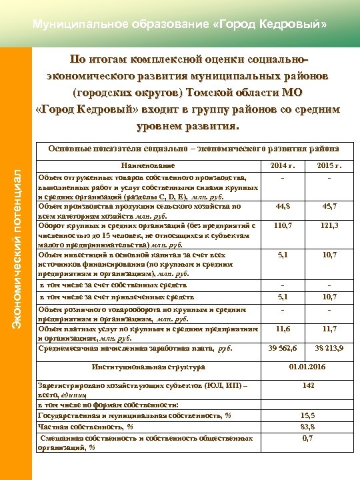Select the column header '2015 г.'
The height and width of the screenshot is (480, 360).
tap(329, 165)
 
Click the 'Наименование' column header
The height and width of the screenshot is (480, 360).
tap(147, 165)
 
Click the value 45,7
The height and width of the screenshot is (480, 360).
tap(329, 206)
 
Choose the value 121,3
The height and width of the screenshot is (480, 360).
tap(329, 225)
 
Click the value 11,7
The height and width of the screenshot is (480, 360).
tap(329, 329)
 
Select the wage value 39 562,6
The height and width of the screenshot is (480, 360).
tap(283, 347)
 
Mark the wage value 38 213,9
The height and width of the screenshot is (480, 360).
tap(329, 347)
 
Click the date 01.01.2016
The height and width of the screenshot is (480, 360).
tap(307, 367)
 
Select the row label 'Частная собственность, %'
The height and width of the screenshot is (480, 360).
tap(86, 427)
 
